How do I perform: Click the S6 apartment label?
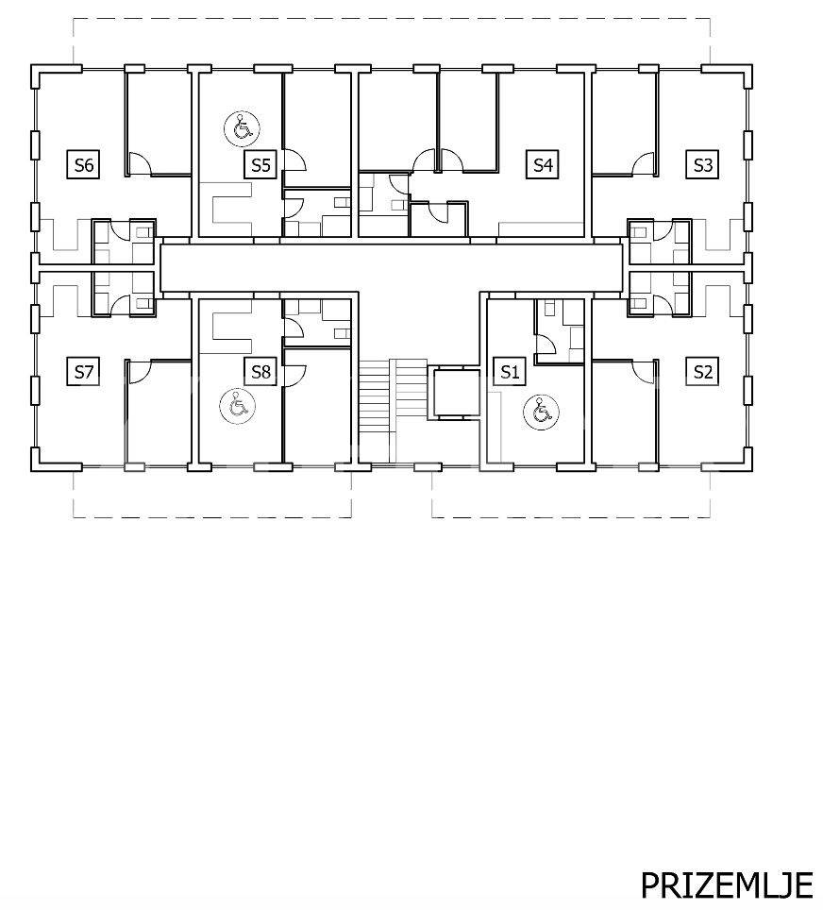84,165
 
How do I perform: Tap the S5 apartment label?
260,165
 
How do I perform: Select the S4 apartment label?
543,165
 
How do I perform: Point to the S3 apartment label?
702,165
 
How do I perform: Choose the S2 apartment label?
702,371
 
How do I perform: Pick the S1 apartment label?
510,371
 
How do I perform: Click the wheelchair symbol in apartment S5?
242,128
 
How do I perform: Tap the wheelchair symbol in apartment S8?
238,405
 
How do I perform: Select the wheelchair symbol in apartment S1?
541,413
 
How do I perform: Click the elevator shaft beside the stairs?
457,394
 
